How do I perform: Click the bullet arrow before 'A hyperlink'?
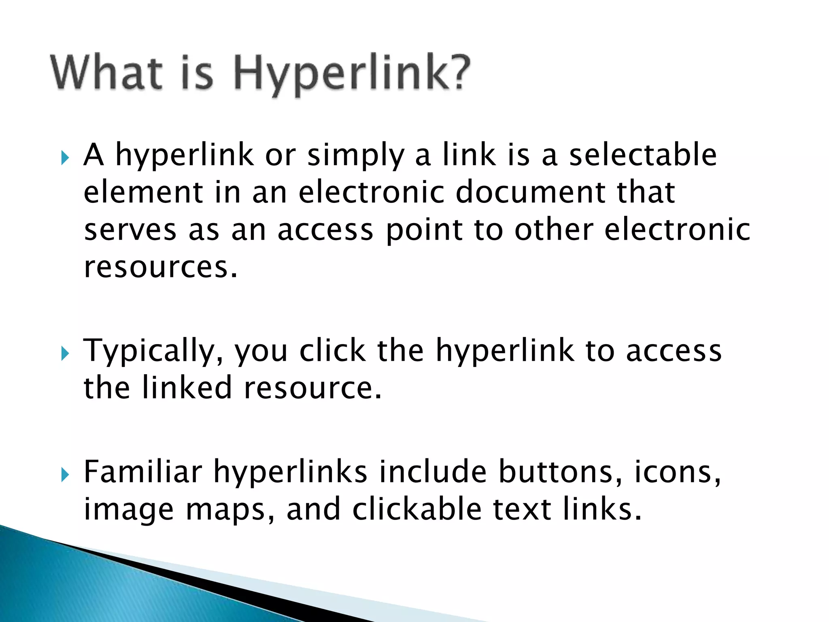click(65, 158)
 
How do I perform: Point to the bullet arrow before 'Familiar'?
click(65, 475)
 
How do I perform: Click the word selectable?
click(643, 155)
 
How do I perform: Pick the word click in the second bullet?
click(332, 350)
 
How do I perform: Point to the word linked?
click(187, 388)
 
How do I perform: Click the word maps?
click(230, 510)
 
